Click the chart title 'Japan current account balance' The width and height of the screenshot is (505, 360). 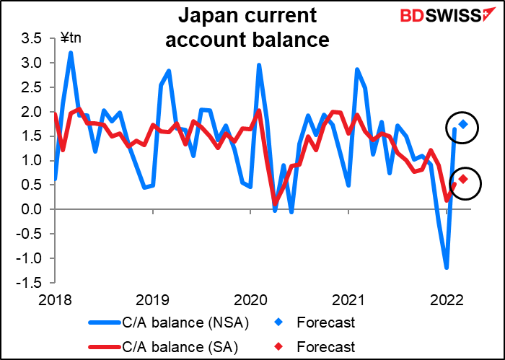247,27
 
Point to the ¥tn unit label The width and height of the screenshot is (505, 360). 71,38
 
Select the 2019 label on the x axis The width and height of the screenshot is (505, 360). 153,298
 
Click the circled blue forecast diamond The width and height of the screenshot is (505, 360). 463,125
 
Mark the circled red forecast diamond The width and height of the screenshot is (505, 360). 463,179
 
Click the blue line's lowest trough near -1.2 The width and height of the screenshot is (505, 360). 447,268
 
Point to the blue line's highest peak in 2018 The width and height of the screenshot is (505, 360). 71,52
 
